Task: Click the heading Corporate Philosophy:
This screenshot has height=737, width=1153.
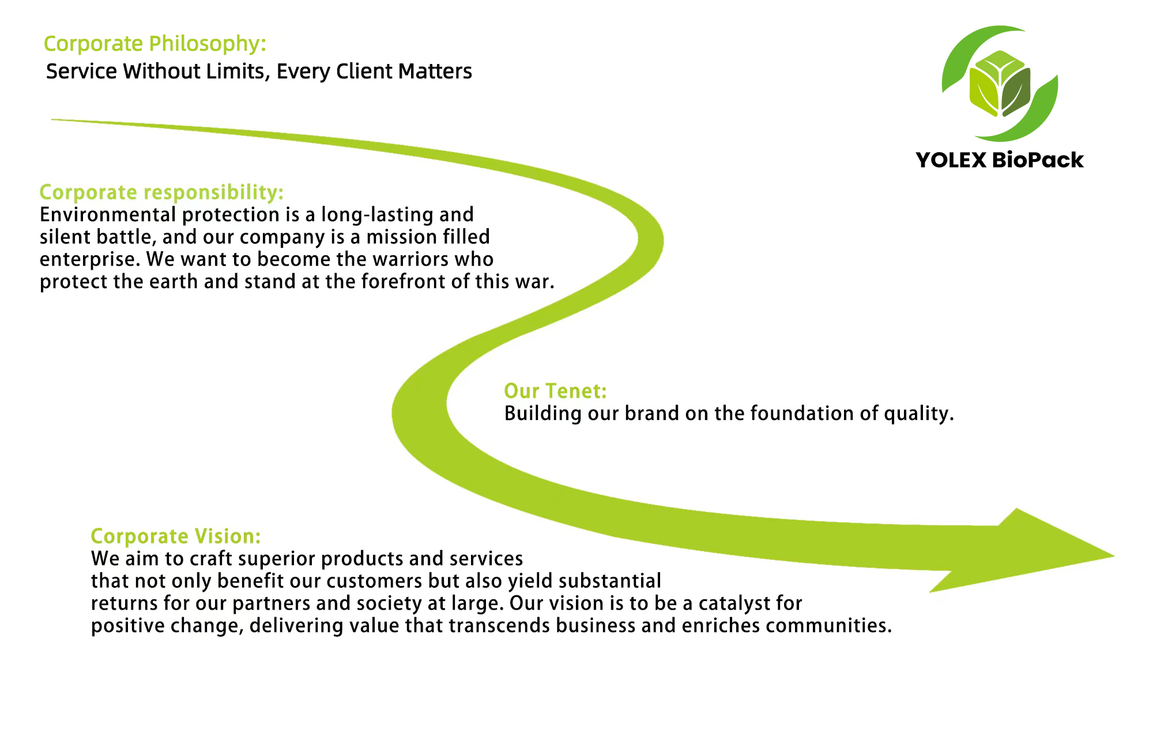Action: [155, 44]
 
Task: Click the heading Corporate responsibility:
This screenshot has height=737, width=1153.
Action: [161, 192]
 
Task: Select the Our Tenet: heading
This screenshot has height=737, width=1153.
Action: [555, 391]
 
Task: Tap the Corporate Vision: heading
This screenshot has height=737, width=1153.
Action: [176, 536]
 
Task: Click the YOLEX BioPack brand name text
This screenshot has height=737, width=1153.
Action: [999, 160]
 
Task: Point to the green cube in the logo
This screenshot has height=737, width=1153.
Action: [1000, 84]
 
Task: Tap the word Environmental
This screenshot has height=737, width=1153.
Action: [108, 215]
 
